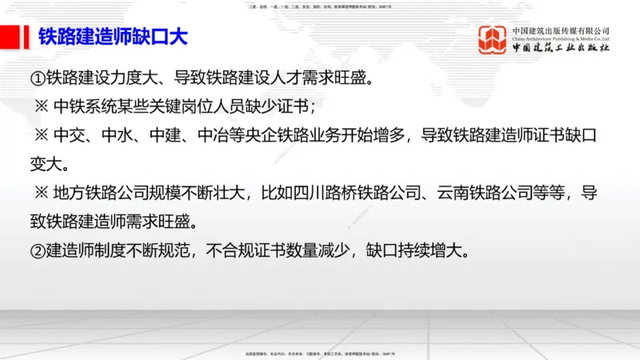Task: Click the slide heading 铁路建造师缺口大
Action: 114,38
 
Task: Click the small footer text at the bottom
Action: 319,353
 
